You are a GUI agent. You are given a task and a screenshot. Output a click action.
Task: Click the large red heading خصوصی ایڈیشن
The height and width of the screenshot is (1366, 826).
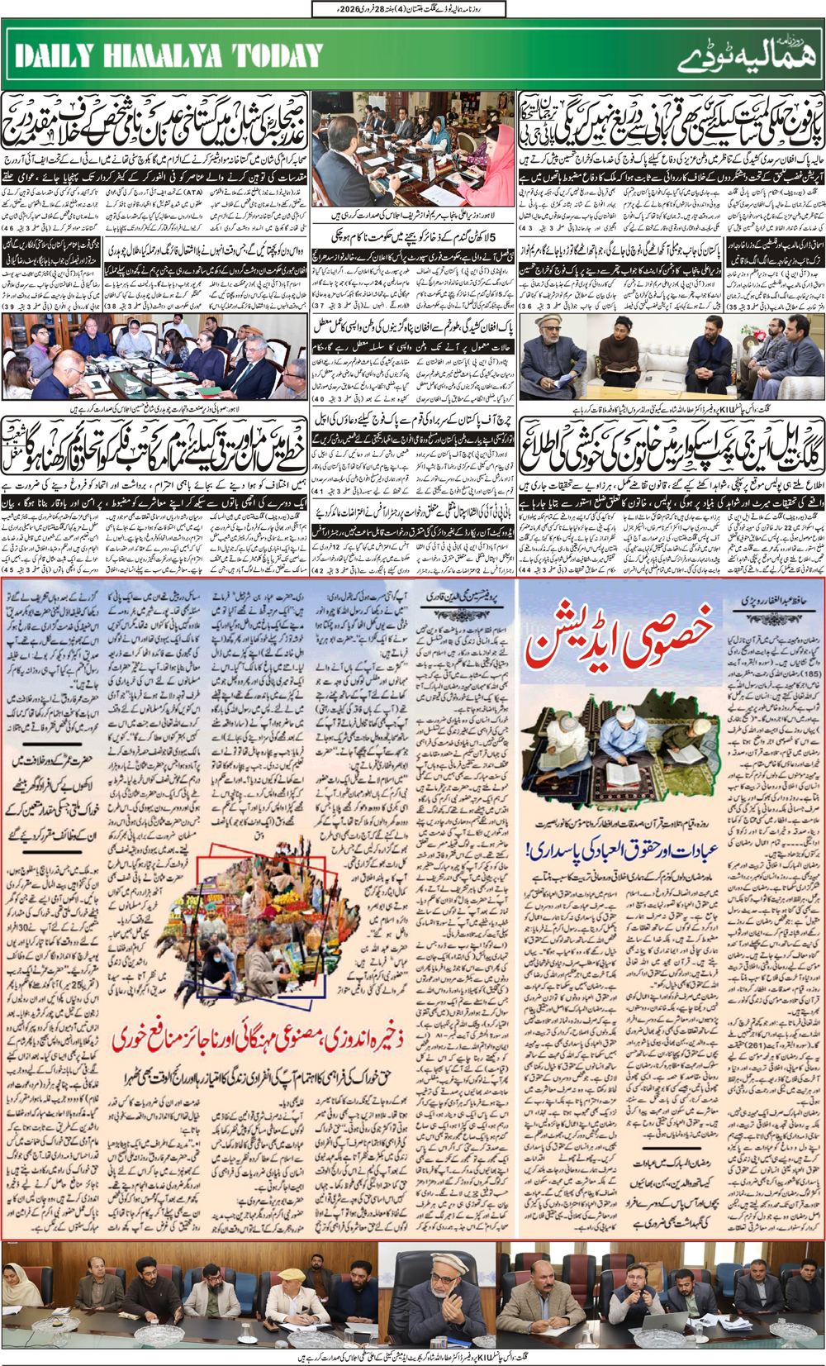point(619,640)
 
